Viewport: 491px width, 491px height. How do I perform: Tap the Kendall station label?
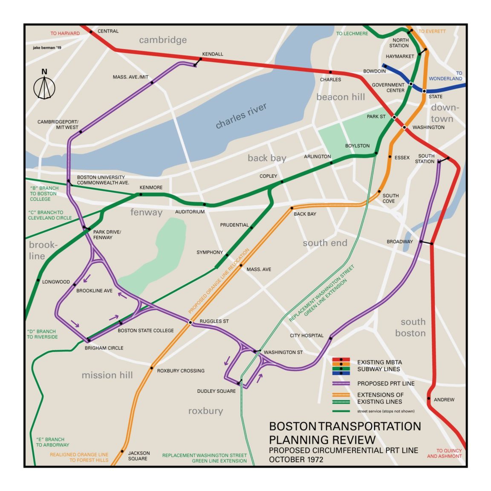(x=212, y=54)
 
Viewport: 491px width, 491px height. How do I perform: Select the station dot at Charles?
(x=330, y=72)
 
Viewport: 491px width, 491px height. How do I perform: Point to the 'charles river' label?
(x=241, y=116)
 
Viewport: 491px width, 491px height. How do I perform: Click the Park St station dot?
(x=394, y=117)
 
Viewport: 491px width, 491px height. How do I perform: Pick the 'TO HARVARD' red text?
(x=65, y=33)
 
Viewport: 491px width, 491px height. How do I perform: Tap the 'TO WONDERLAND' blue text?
(x=446, y=76)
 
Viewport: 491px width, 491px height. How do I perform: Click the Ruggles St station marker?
(x=190, y=323)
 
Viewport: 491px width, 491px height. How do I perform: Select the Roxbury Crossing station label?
(x=181, y=371)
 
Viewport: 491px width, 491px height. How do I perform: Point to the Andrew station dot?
(x=429, y=399)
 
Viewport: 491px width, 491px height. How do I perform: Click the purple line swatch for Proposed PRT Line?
(x=341, y=384)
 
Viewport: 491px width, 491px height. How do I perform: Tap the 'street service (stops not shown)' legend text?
(x=386, y=411)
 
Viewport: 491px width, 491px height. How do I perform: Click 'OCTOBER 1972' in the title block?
(x=296, y=459)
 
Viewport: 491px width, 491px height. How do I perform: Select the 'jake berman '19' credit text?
(x=47, y=48)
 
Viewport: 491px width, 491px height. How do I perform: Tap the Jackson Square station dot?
(x=122, y=451)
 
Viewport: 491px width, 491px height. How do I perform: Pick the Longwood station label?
(x=56, y=282)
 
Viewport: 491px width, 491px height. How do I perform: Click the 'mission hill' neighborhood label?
(x=107, y=375)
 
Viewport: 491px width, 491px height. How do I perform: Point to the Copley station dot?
(x=282, y=182)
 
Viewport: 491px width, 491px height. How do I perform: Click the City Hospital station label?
(x=306, y=335)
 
